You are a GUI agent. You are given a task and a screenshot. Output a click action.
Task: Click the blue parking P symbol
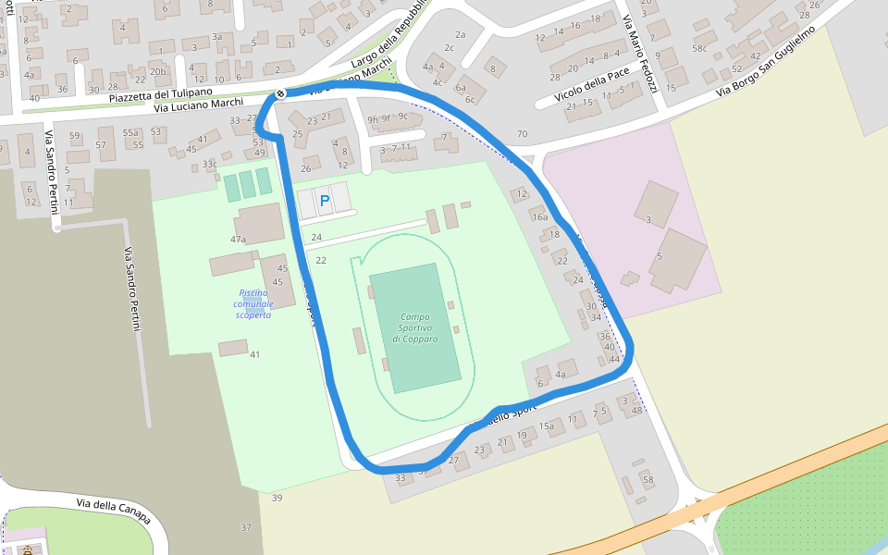[x=325, y=200]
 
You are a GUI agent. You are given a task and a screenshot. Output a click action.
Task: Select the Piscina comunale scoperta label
[x=253, y=303]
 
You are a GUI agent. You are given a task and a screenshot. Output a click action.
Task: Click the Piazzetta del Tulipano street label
[x=160, y=93]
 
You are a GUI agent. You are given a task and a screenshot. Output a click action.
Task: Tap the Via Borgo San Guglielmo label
[x=765, y=61]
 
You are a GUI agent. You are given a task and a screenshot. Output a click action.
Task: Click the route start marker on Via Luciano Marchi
[x=279, y=94]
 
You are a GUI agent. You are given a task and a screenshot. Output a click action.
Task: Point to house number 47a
[x=238, y=240]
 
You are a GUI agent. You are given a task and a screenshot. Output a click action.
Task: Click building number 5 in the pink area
[x=660, y=255]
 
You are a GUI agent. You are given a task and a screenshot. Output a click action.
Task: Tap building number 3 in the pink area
[x=647, y=219]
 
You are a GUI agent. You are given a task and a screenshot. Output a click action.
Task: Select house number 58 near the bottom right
[x=647, y=479]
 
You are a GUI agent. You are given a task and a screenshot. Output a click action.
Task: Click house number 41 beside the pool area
[x=254, y=354]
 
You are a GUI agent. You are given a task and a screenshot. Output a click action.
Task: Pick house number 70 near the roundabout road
[x=522, y=134]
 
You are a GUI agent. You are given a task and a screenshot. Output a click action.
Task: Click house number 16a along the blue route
[x=539, y=217]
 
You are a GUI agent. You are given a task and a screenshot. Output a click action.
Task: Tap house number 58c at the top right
[x=699, y=48]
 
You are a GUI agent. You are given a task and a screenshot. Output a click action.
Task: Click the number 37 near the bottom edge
[x=245, y=527]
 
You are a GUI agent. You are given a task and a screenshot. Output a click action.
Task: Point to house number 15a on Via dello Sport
[x=547, y=425]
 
